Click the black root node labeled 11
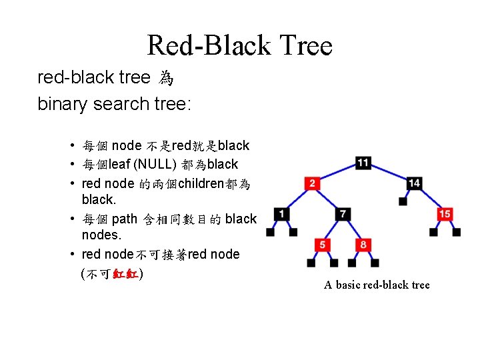pos(363,163)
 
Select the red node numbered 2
pos(312,183)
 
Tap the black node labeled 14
pos(414,183)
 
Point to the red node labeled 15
pos(445,214)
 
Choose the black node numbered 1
pos(282,214)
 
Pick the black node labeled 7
pos(343,214)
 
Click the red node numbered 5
pos(323,245)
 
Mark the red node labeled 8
pos(363,245)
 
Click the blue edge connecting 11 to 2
pos(337,173)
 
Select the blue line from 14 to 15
pos(429,199)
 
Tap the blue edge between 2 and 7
pos(327,199)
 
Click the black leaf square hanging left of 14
pos(402,201)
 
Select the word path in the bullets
pos(125,219)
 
